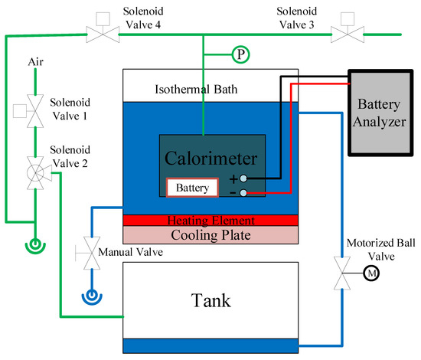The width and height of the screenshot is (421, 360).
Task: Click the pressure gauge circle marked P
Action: (x=240, y=54)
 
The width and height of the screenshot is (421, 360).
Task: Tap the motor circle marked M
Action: (x=371, y=273)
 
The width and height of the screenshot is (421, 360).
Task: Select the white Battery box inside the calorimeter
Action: (x=192, y=188)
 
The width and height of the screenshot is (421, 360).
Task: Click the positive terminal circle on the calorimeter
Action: (x=243, y=178)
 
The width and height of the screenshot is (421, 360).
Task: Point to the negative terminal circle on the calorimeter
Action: (x=243, y=192)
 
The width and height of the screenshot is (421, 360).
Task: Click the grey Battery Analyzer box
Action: (x=380, y=113)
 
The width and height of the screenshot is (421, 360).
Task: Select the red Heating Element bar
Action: (x=210, y=221)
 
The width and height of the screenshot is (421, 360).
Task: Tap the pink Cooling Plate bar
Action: (x=210, y=235)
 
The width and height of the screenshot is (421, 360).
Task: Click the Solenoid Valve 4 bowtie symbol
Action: (x=103, y=34)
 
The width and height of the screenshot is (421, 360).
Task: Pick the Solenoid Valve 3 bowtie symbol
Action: (x=348, y=34)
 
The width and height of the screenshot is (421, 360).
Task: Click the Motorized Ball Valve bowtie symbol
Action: (x=342, y=273)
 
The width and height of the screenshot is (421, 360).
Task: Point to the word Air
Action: (x=36, y=62)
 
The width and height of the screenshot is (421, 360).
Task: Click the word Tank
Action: (x=210, y=300)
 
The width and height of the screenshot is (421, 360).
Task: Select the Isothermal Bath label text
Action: (x=196, y=89)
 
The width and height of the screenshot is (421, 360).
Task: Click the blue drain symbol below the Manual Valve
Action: (x=92, y=297)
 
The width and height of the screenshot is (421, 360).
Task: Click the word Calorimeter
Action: (x=211, y=159)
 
